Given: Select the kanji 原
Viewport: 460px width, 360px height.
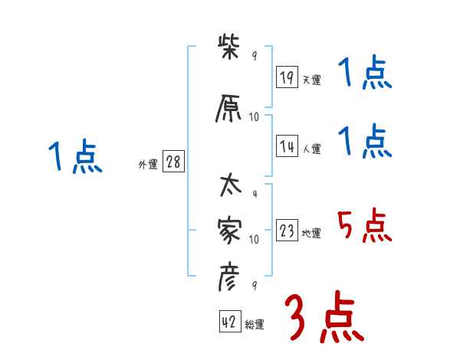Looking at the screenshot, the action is pyautogui.click(x=231, y=109).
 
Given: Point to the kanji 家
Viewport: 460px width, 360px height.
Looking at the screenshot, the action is pyautogui.click(x=231, y=229).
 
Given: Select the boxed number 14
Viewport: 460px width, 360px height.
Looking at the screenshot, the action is pyautogui.click(x=287, y=148).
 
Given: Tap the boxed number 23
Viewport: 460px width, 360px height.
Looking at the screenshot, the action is pyautogui.click(x=287, y=232).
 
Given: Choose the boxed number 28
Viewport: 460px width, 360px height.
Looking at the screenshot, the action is pyautogui.click(x=173, y=163).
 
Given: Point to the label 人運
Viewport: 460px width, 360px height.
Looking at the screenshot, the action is pyautogui.click(x=311, y=149).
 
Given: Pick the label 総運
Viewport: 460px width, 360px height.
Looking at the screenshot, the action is pyautogui.click(x=255, y=325).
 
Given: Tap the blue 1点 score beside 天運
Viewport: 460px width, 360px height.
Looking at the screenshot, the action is pyautogui.click(x=365, y=74).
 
